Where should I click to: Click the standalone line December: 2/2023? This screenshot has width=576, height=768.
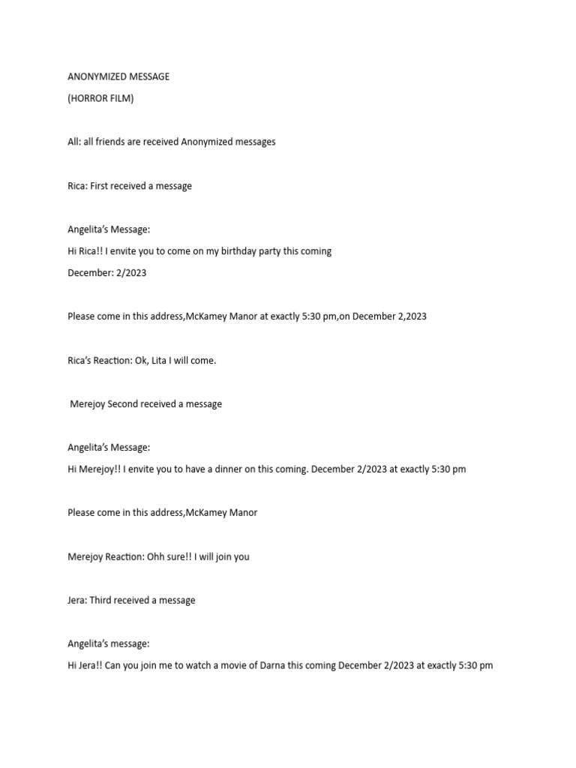click(x=106, y=273)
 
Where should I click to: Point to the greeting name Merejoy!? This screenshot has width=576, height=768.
click(x=100, y=469)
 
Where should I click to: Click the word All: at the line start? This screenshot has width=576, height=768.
click(x=73, y=142)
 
